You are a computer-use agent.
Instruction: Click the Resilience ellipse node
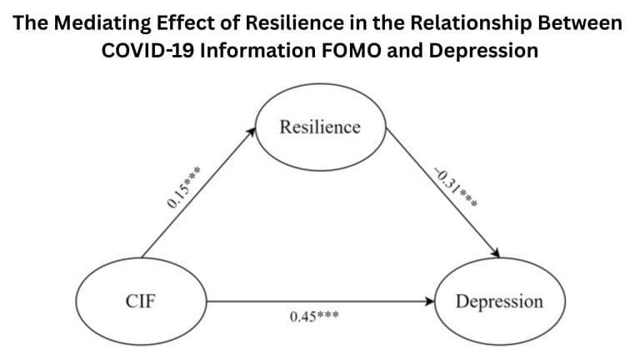click(x=320, y=127)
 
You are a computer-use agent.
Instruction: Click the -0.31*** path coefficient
click(x=454, y=191)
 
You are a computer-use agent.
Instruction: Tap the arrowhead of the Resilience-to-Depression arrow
click(x=496, y=254)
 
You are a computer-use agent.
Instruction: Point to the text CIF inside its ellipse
click(x=141, y=302)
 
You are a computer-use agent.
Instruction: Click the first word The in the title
click(x=30, y=22)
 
